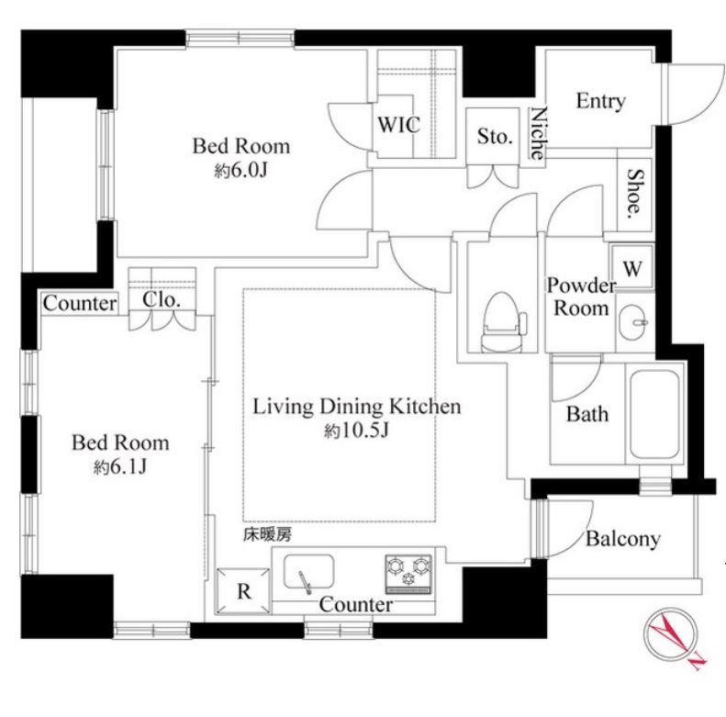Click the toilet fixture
click(503, 322)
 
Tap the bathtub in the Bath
click(654, 414)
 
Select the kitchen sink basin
click(308, 572)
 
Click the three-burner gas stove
click(408, 574)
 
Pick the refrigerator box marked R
click(243, 591)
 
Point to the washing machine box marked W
click(632, 267)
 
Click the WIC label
click(398, 125)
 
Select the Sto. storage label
click(495, 136)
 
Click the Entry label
click(600, 101)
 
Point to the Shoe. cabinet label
click(636, 193)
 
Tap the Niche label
click(538, 133)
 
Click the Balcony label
click(623, 539)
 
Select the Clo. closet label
click(162, 299)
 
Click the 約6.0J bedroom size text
click(241, 172)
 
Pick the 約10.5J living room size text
click(356, 431)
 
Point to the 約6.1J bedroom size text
click(120, 467)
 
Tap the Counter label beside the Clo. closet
click(80, 304)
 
